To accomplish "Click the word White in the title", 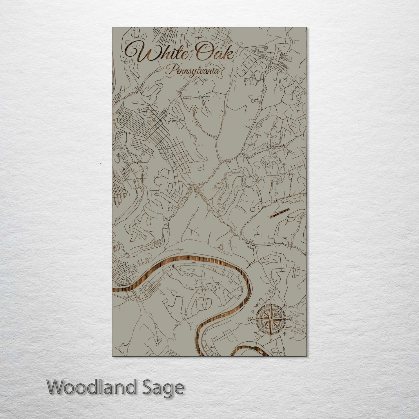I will pyautogui.click(x=157, y=52).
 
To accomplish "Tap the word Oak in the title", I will pyautogui.click(x=215, y=52).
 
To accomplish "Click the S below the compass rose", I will pyautogui.click(x=270, y=341).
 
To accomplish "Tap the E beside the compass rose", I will pyautogui.click(x=291, y=320).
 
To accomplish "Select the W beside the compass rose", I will pyautogui.click(x=249, y=320).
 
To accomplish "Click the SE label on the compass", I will pyautogui.click(x=285, y=333).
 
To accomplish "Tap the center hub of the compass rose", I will pyautogui.click(x=270, y=319).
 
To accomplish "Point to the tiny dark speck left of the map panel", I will pyautogui.click(x=100, y=164).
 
